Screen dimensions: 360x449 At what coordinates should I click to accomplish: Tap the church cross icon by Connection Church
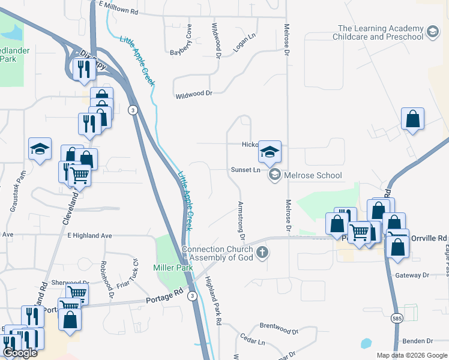(x=262, y=253)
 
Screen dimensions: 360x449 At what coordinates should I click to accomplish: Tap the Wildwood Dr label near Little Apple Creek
(x=194, y=94)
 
